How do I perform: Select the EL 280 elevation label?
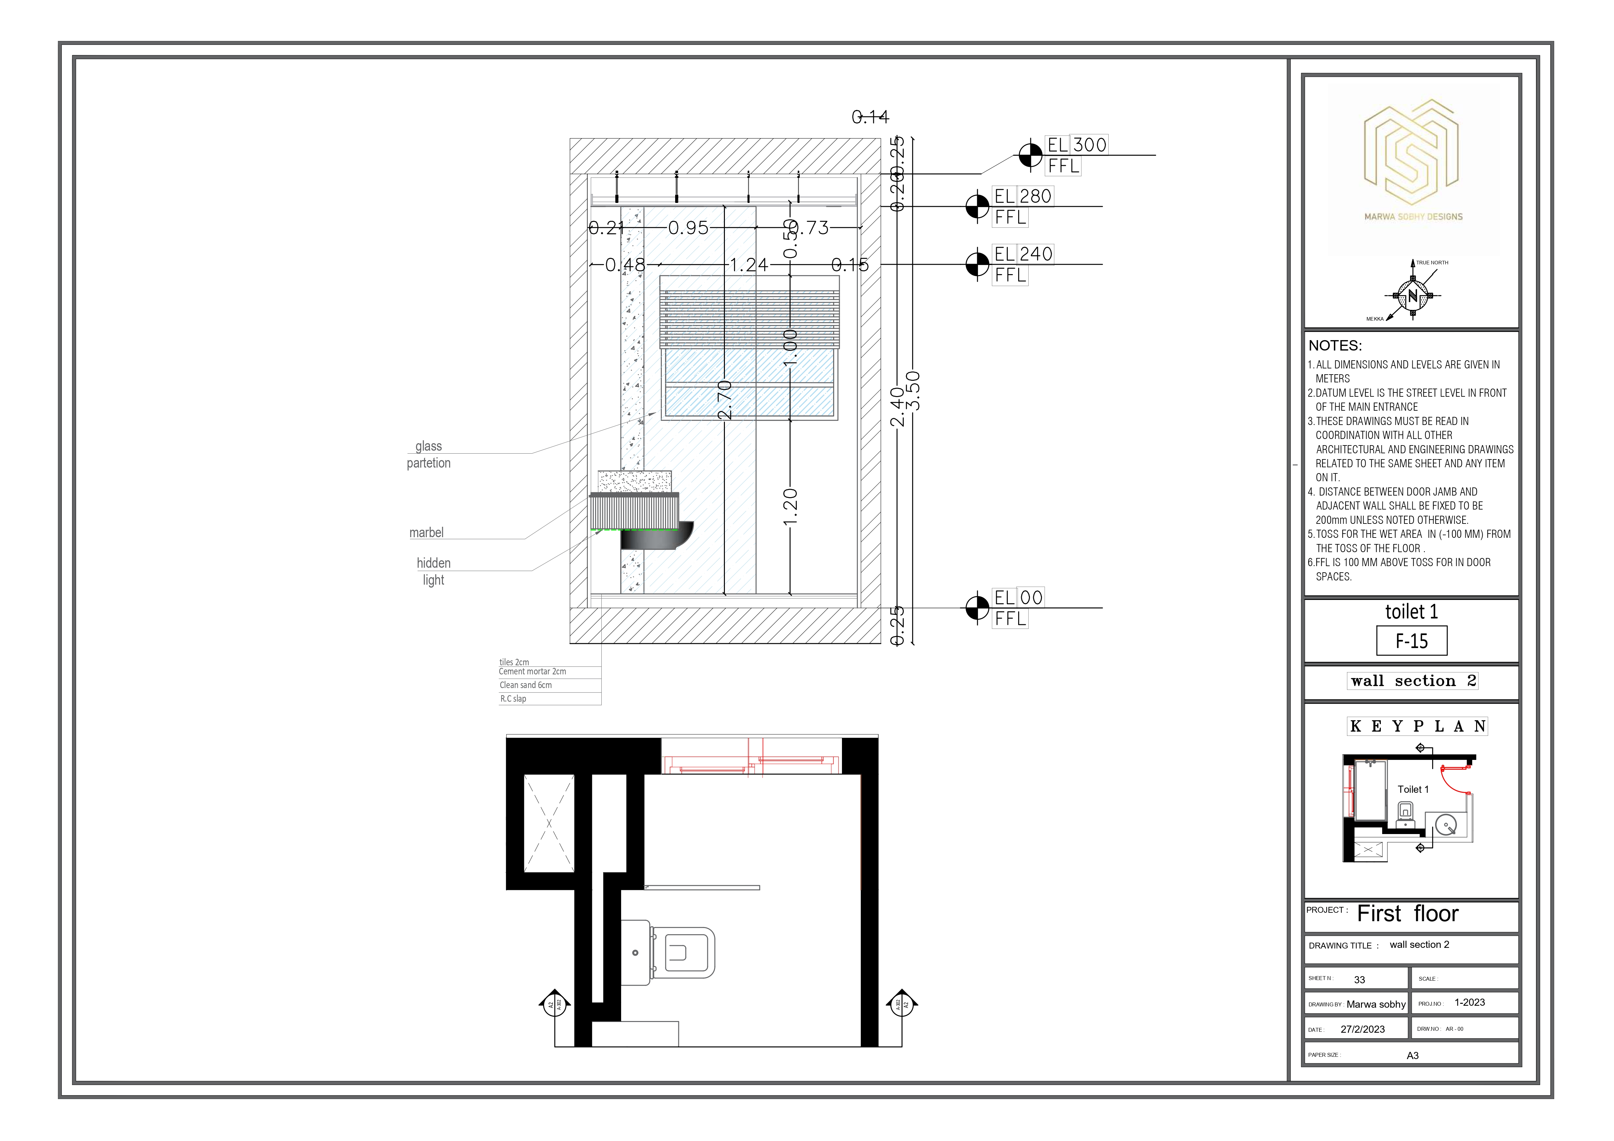click(x=1023, y=196)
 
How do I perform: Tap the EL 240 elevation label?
click(x=1023, y=254)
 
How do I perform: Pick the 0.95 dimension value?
click(x=688, y=228)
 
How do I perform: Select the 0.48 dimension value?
click(x=625, y=265)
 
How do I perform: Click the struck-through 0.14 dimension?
click(x=870, y=117)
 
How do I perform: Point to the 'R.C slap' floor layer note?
click(x=513, y=699)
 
